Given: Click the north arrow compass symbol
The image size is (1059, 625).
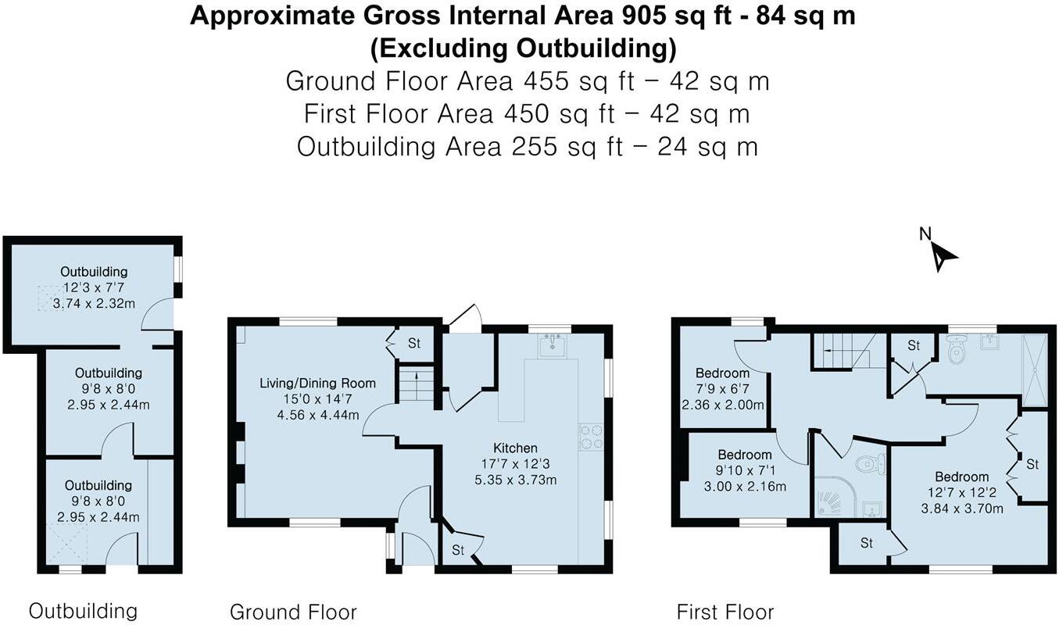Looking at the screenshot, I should click(x=941, y=253).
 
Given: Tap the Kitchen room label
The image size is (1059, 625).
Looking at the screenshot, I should click(x=515, y=448).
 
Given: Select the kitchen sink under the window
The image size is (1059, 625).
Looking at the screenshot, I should click(x=553, y=344).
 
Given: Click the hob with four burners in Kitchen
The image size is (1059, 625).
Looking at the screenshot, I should click(x=589, y=437).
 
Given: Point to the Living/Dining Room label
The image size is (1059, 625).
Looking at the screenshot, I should click(x=317, y=384).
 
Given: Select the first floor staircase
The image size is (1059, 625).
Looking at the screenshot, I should click(x=841, y=350).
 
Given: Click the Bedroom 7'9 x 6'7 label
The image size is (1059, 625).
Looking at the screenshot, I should click(x=722, y=373).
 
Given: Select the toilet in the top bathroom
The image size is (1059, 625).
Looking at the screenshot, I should click(x=954, y=352).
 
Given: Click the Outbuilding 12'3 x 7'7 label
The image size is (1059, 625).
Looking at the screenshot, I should click(x=94, y=272).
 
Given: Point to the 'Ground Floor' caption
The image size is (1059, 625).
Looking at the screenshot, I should click(x=293, y=611).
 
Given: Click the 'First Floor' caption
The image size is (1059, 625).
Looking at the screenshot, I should click(x=724, y=611).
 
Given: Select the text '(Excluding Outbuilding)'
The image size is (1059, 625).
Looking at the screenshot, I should click(x=523, y=48).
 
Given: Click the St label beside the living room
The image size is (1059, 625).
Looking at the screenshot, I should click(x=414, y=343).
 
